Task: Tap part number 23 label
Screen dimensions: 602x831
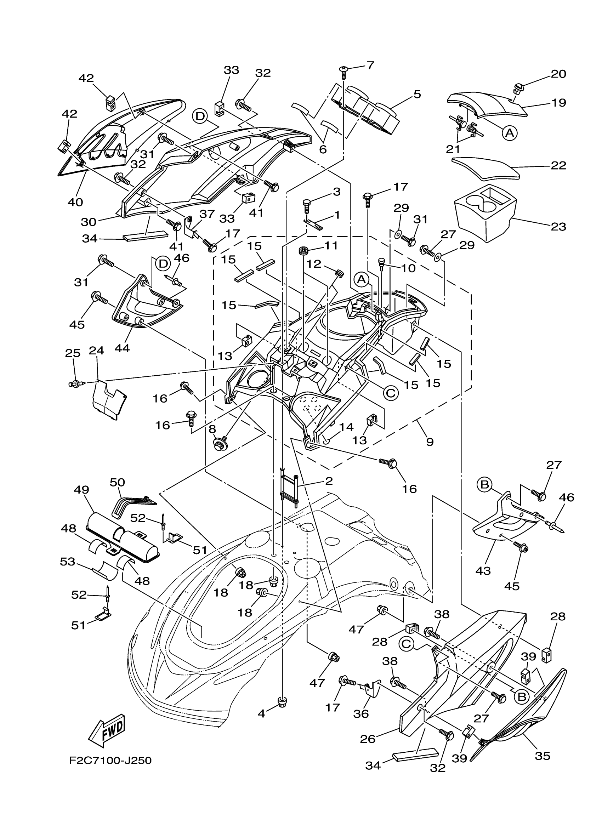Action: pyautogui.click(x=558, y=227)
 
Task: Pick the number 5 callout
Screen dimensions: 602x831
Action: pyautogui.click(x=417, y=94)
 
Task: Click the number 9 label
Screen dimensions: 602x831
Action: pyautogui.click(x=430, y=442)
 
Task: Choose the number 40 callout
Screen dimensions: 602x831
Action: pyautogui.click(x=75, y=202)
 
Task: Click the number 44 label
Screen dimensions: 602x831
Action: pyautogui.click(x=122, y=348)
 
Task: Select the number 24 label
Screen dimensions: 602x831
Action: pyautogui.click(x=96, y=351)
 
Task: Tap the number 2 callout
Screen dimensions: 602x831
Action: pyautogui.click(x=329, y=481)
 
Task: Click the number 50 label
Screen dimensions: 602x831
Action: pyautogui.click(x=118, y=482)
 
